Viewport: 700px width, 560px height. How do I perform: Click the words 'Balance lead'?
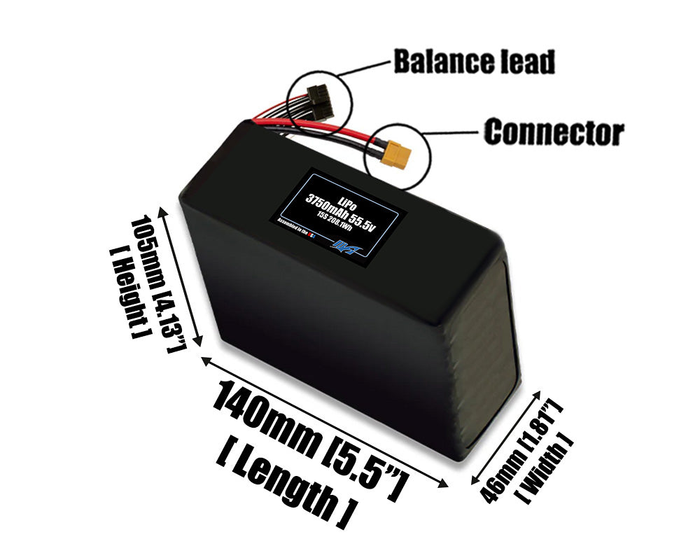click(x=474, y=62)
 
